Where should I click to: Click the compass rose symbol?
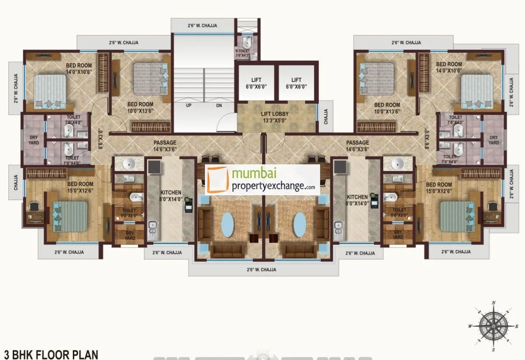pyautogui.click(x=494, y=327)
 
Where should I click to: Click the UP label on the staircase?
pyautogui.click(x=189, y=105)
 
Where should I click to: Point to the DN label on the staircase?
pyautogui.click(x=219, y=105)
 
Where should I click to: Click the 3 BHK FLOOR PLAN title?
pyautogui.click(x=51, y=354)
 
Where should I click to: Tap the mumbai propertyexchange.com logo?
pyautogui.click(x=262, y=180)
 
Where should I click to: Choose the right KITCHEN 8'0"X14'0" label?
pyautogui.click(x=358, y=200)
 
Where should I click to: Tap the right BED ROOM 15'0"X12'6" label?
pyautogui.click(x=439, y=188)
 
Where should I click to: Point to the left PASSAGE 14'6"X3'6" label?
pyautogui.click(x=165, y=146)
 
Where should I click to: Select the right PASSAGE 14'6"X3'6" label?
pyautogui.click(x=357, y=146)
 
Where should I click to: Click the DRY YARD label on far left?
pyautogui.click(x=33, y=140)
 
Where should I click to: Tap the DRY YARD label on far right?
pyautogui.click(x=494, y=140)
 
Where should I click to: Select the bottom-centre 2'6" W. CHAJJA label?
pyautogui.click(x=262, y=269)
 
